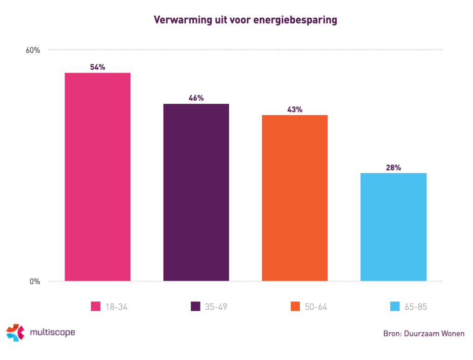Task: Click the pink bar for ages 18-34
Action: [x=97, y=177]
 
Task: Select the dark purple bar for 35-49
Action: [x=196, y=192]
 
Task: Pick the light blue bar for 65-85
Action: [x=393, y=227]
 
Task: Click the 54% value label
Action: [x=97, y=67]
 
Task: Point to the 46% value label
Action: [x=196, y=98]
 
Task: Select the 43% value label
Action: [x=295, y=109]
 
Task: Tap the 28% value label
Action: [x=393, y=168]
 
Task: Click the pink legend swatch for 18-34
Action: [x=96, y=306]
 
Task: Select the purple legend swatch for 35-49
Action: [x=195, y=306]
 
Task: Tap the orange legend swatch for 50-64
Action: [x=295, y=306]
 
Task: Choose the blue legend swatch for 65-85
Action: [x=395, y=306]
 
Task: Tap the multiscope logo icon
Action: [x=15, y=332]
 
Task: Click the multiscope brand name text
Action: [x=52, y=332]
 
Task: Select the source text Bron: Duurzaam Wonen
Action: [x=424, y=333]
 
